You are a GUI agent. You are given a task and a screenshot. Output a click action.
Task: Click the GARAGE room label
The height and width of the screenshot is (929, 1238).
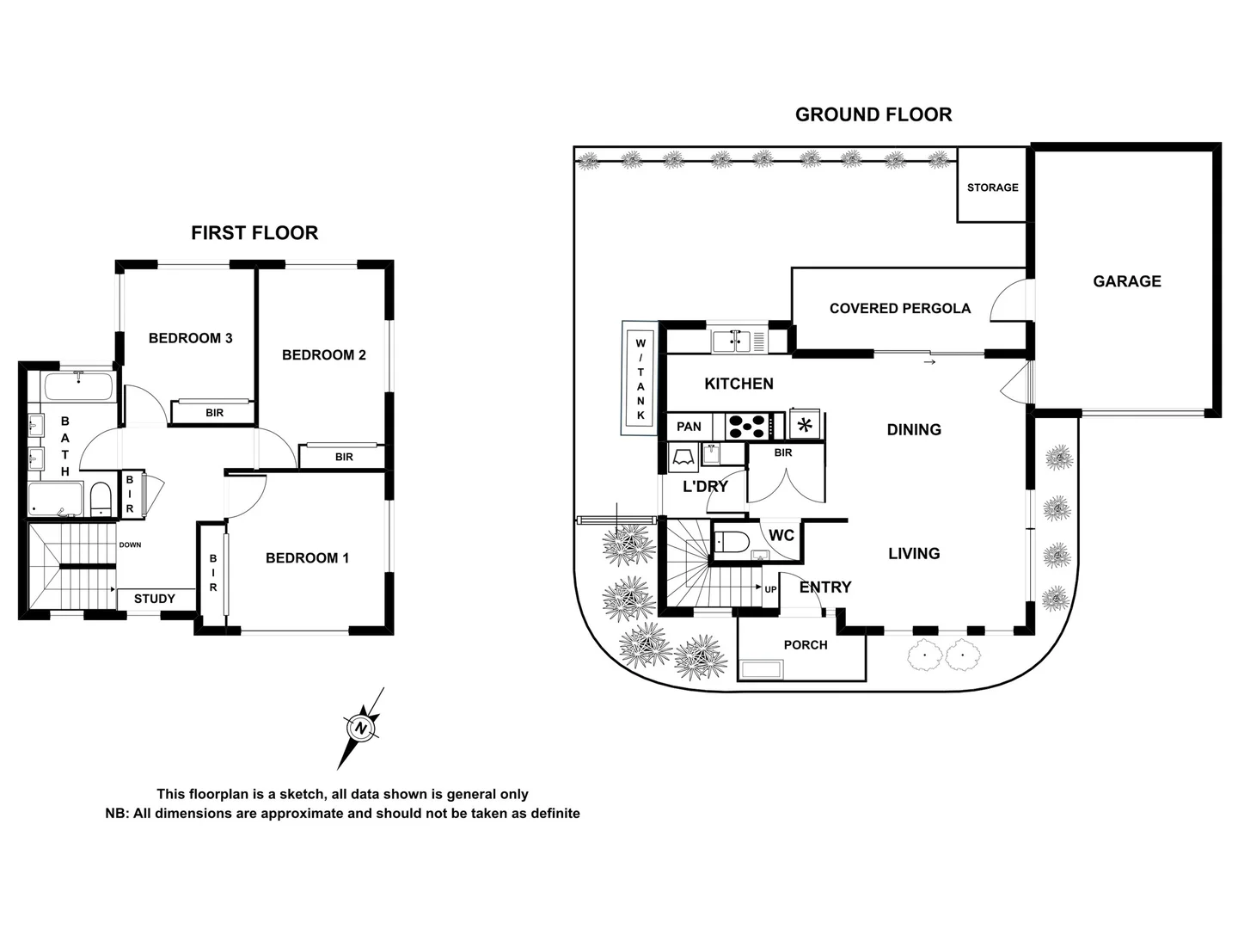tap(1126, 281)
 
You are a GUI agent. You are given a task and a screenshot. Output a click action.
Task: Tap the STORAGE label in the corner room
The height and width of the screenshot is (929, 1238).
tap(992, 188)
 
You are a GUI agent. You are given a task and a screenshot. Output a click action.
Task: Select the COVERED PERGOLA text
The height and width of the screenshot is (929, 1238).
tap(899, 308)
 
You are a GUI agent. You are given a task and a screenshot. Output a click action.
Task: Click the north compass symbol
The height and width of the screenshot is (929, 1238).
tap(361, 728)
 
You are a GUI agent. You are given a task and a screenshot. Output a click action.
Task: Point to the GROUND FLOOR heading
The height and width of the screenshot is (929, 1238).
tap(873, 114)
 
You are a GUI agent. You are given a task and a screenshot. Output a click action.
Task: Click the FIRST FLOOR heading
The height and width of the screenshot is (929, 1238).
tap(254, 233)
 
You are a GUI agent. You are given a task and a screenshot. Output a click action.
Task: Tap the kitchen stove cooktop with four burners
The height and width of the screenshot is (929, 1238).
tap(747, 426)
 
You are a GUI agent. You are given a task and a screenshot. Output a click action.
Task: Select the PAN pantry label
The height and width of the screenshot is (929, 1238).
tap(689, 427)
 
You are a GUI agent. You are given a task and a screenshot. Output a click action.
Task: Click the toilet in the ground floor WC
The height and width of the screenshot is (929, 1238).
tap(731, 542)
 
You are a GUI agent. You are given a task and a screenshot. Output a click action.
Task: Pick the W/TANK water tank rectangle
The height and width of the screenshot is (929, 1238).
tap(640, 379)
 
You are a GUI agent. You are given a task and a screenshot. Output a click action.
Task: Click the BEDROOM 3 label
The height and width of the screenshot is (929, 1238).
tap(190, 338)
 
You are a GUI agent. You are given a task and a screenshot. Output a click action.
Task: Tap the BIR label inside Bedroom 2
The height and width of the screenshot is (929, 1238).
tap(344, 457)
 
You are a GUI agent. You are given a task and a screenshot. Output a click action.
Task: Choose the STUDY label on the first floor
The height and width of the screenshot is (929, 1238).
tap(155, 599)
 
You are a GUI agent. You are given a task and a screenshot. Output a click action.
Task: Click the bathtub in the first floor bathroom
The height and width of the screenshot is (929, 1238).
tap(79, 386)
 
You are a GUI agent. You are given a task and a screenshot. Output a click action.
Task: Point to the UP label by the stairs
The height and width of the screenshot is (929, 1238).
tap(770, 590)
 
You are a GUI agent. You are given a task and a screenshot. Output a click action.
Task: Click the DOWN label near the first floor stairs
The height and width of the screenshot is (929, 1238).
tap(131, 545)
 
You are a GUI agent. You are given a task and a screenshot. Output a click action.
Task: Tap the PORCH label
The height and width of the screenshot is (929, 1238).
tap(806, 645)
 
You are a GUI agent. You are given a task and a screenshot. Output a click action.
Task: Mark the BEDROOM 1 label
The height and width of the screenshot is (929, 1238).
tap(307, 558)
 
